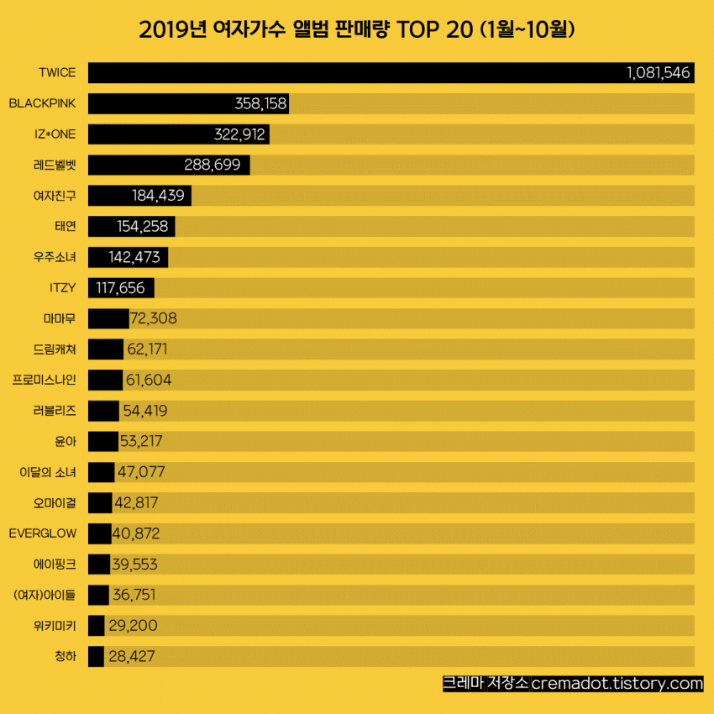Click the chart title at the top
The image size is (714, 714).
(x=356, y=30)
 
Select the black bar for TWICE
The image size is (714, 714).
(x=353, y=73)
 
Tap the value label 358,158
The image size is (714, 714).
(x=260, y=104)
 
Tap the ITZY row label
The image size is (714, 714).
(x=62, y=288)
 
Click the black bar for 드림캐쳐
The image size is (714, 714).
(x=105, y=349)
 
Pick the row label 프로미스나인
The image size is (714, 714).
(x=45, y=381)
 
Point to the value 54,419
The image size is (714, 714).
(x=144, y=411)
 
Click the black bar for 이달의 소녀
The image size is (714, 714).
(x=101, y=472)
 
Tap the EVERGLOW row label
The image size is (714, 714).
(x=42, y=533)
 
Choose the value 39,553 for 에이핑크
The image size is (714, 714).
(x=135, y=564)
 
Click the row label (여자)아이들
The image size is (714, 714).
(x=45, y=596)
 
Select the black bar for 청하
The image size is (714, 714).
(x=95, y=656)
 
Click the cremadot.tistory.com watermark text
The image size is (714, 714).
(x=617, y=684)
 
